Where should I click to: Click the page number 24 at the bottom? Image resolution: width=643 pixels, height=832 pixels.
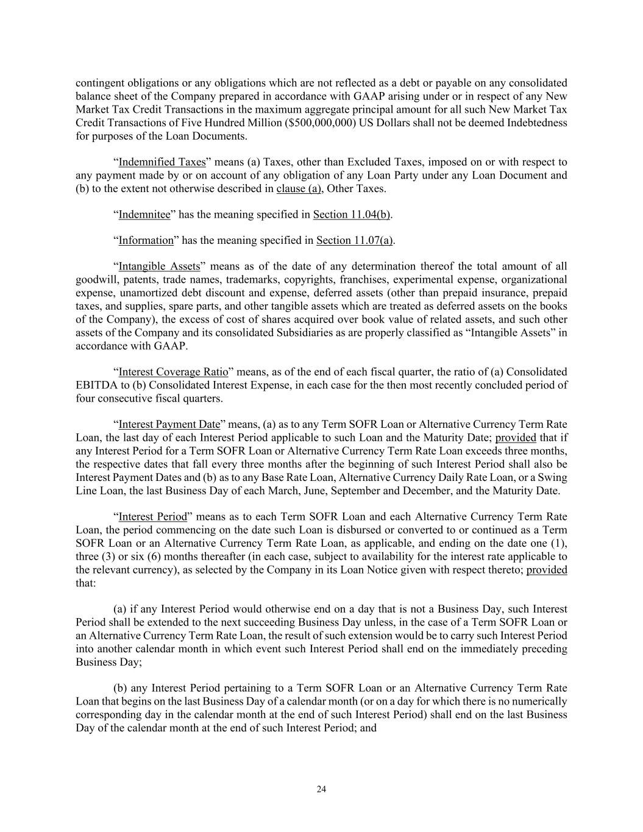pyautogui.click(x=321, y=789)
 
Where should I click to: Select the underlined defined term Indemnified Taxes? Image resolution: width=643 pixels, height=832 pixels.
pyautogui.click(x=162, y=162)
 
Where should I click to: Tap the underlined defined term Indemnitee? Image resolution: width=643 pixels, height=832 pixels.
pyautogui.click(x=144, y=215)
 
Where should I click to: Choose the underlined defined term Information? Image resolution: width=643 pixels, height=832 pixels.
pyautogui.click(x=146, y=240)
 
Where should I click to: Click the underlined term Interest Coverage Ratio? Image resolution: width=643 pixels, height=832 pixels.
pyautogui.click(x=173, y=372)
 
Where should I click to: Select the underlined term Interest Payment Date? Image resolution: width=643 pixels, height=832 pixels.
pyautogui.click(x=169, y=424)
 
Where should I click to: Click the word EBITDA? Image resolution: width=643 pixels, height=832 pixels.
pyautogui.click(x=94, y=385)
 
